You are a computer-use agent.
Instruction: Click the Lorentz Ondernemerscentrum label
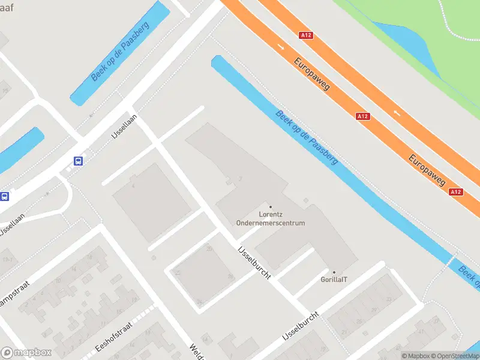coord(270,218)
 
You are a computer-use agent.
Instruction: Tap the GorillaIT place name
coord(334,280)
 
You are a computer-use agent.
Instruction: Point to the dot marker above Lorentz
coord(270,207)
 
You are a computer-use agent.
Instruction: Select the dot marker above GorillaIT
coord(334,272)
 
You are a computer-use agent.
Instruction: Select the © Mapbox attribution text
coord(415,356)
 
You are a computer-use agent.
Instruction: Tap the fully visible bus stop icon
coord(78,161)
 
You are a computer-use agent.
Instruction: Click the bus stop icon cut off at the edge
coord(4,196)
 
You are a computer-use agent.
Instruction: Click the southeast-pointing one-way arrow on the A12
coord(281,46)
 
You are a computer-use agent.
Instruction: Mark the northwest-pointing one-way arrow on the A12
coord(396,112)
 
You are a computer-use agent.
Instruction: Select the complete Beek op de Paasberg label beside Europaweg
coord(307,137)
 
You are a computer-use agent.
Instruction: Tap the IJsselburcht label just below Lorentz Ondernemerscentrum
coord(254,262)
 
